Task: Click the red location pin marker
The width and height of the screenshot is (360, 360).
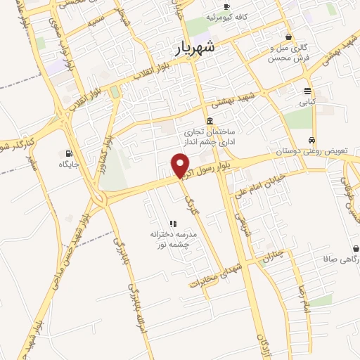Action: [181, 165]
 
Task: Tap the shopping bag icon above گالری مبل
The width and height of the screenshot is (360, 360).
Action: [288, 37]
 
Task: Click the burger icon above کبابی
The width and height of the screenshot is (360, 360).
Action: [308, 91]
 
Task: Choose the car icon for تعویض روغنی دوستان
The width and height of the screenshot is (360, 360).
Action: [311, 139]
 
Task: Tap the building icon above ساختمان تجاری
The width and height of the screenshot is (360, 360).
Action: [210, 120]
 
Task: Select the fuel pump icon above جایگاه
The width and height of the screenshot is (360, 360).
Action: [68, 153]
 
